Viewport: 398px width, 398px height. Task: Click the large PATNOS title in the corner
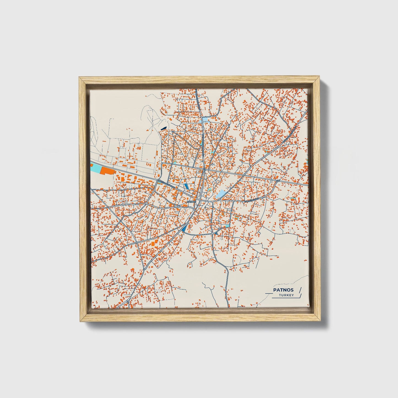pos(283,290)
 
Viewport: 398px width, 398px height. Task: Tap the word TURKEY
pos(286,295)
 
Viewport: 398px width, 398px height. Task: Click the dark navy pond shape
pos(163,128)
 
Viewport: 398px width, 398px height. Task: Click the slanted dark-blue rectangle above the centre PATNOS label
pos(187,186)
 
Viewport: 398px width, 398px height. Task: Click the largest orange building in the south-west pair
pos(152,244)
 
